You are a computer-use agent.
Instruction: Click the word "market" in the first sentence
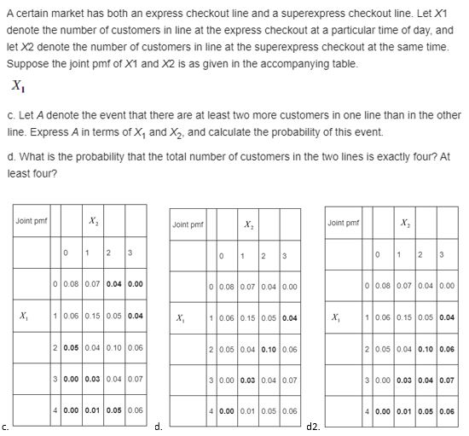(x=60, y=11)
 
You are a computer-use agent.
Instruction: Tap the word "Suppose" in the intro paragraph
(x=25, y=65)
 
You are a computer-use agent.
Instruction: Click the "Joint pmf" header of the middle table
(x=188, y=224)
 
